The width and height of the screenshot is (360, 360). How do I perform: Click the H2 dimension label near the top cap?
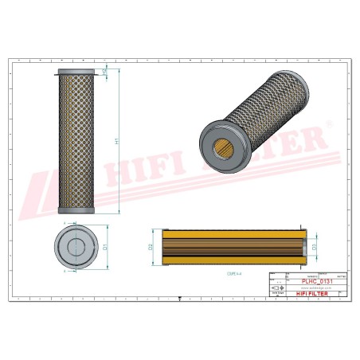tap(105, 72)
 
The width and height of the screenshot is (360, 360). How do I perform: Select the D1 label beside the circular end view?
tap(104, 248)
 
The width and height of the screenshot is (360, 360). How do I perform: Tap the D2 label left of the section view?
tap(151, 246)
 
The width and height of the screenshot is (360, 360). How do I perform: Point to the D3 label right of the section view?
tap(315, 246)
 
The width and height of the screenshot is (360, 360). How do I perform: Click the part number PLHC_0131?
tap(315, 281)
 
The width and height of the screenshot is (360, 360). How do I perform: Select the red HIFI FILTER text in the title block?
tap(315, 296)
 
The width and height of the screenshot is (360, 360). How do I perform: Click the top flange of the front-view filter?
tap(76, 72)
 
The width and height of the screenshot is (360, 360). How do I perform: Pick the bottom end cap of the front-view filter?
tap(76, 210)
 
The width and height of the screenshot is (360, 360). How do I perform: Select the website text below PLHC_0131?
tap(315, 288)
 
